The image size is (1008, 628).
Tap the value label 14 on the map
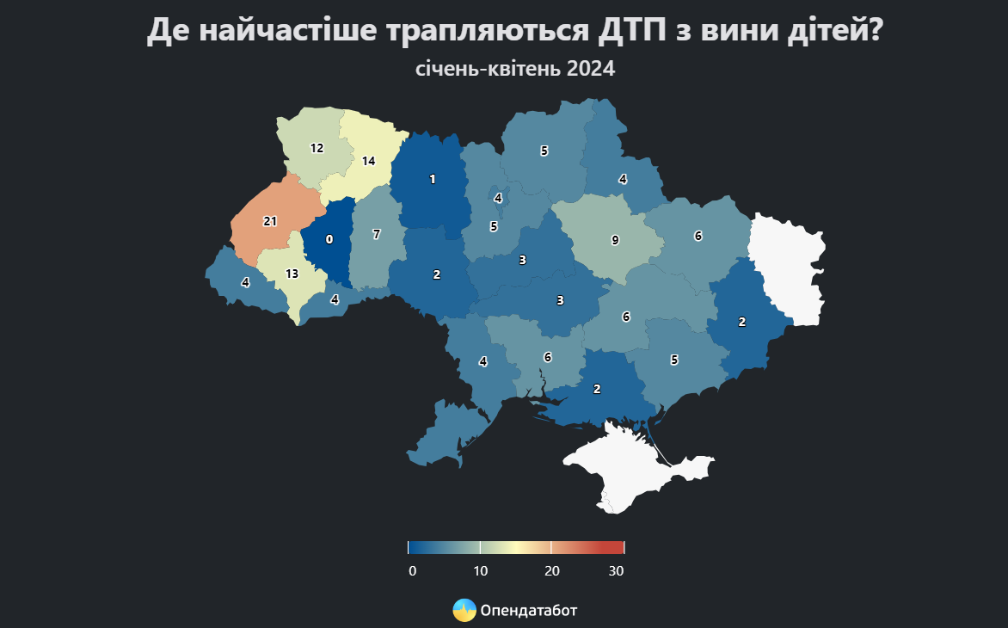(369, 161)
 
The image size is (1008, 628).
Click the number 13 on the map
(292, 274)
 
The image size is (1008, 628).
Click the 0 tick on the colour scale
(413, 571)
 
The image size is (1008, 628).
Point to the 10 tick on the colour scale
(481, 571)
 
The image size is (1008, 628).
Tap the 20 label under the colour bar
(552, 571)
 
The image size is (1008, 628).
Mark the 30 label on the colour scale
(616, 571)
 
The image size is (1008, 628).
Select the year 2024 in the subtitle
(591, 69)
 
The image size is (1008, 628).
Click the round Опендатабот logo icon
(464, 610)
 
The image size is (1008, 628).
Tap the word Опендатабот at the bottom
(529, 611)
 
